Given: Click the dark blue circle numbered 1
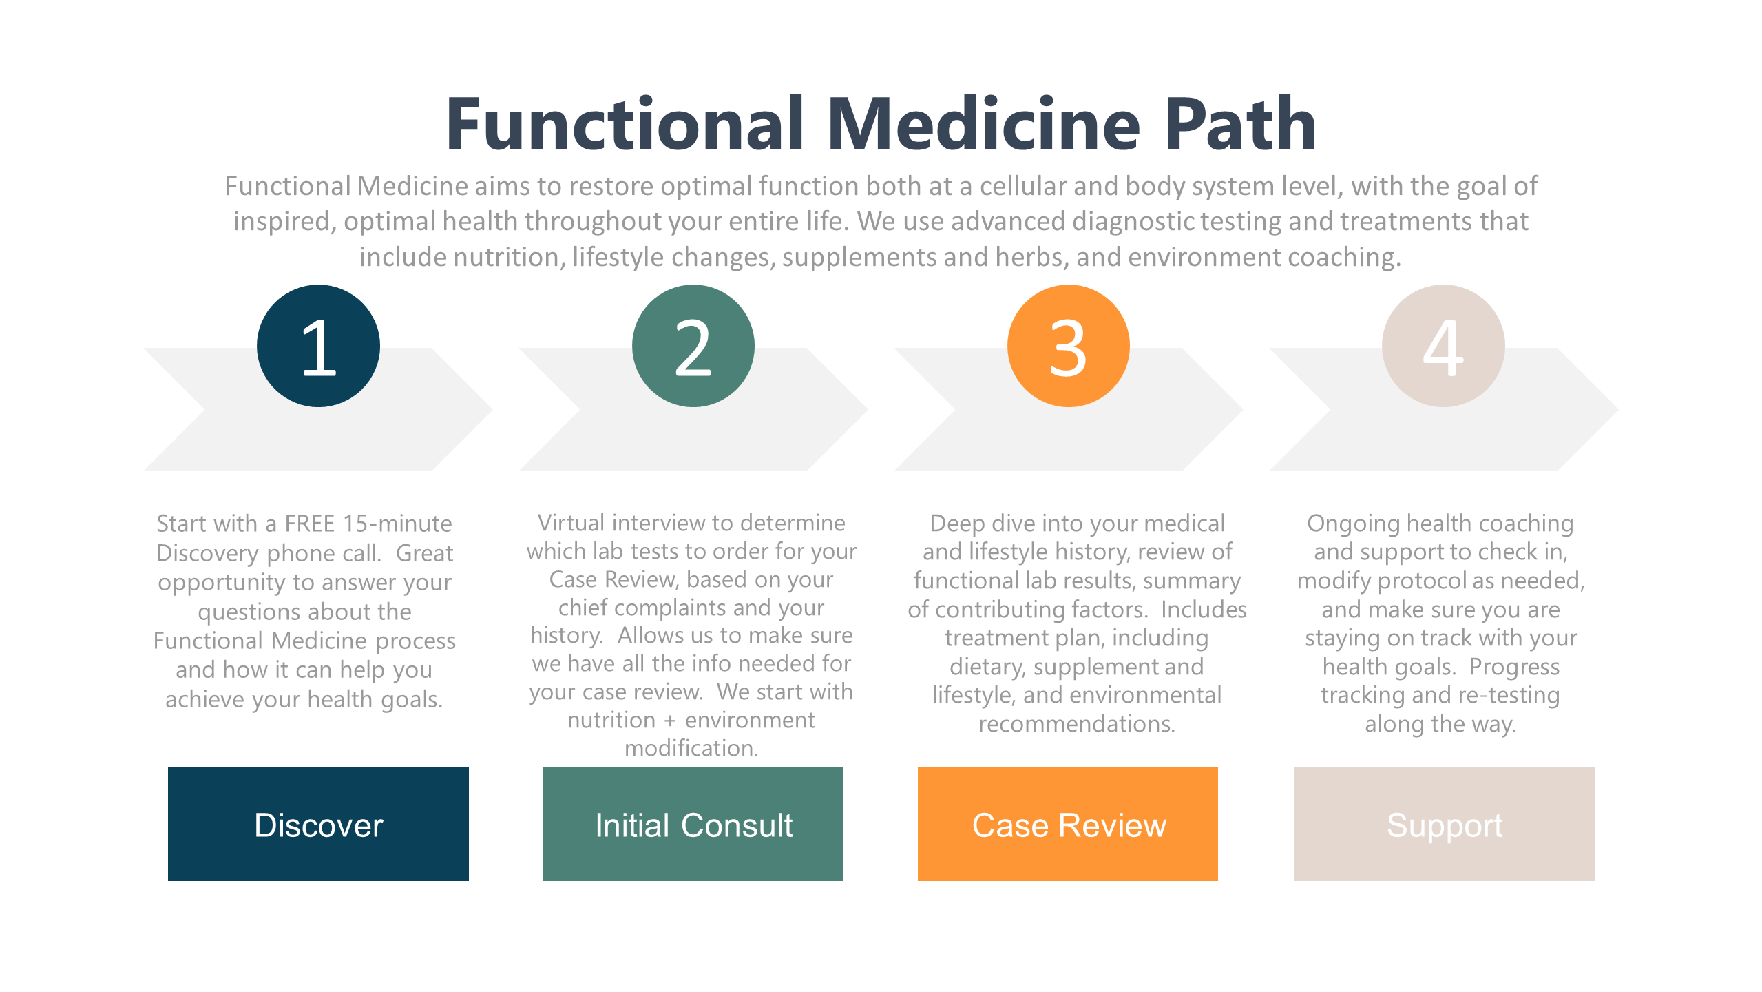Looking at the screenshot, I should tap(318, 346).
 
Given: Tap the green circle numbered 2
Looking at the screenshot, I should tap(693, 346).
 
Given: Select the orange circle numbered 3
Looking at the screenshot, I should tap(1068, 346).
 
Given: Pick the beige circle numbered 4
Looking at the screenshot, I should tap(1443, 346).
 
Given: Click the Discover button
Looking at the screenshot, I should tap(318, 824).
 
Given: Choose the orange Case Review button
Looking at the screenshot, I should tap(1068, 824).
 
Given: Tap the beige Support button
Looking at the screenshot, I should tap(1444, 824).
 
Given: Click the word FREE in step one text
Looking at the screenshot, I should tap(309, 524).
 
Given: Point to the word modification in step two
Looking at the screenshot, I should tap(691, 748).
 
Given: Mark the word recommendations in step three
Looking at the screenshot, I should tap(1076, 724).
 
